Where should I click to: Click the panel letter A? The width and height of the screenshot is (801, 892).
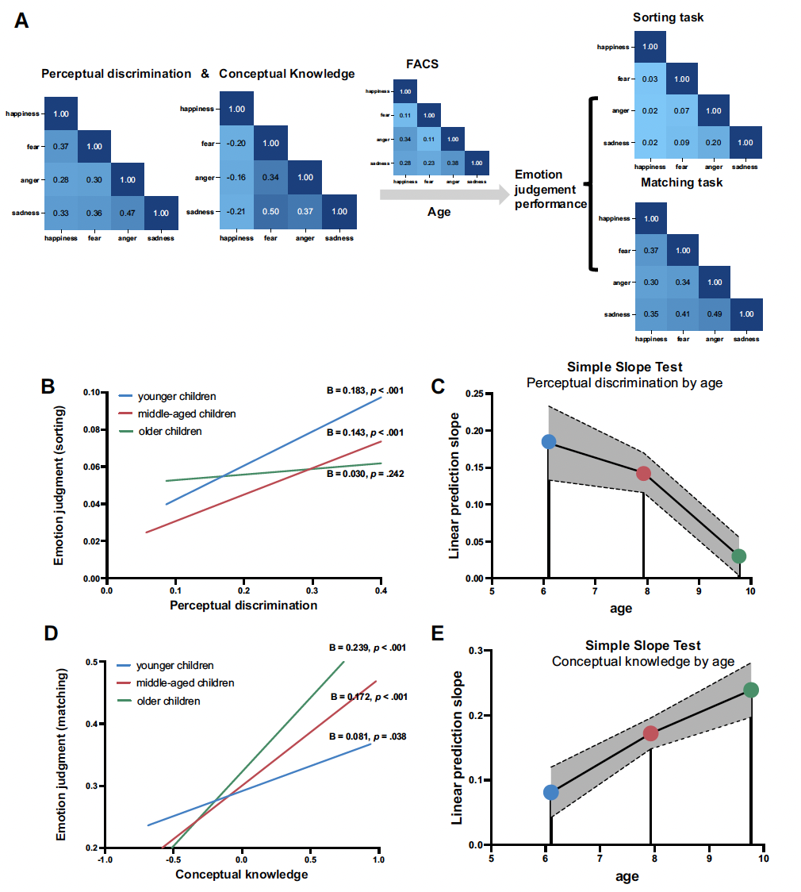[22, 20]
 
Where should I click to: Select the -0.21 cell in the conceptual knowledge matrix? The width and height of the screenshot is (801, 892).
[236, 212]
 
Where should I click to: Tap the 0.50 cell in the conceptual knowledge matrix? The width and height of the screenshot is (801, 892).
[270, 212]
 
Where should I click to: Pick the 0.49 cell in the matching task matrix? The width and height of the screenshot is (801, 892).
[713, 314]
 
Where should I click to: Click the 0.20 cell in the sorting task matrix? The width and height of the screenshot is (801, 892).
[713, 143]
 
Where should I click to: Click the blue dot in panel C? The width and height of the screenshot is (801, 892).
[548, 441]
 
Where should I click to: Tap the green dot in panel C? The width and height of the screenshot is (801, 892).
[738, 556]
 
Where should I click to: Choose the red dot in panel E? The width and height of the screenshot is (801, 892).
[651, 733]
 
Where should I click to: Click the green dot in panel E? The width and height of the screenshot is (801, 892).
[751, 690]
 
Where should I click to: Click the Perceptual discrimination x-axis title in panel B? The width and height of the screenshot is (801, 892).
[243, 605]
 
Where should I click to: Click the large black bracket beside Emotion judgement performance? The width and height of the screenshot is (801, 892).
[591, 184]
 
